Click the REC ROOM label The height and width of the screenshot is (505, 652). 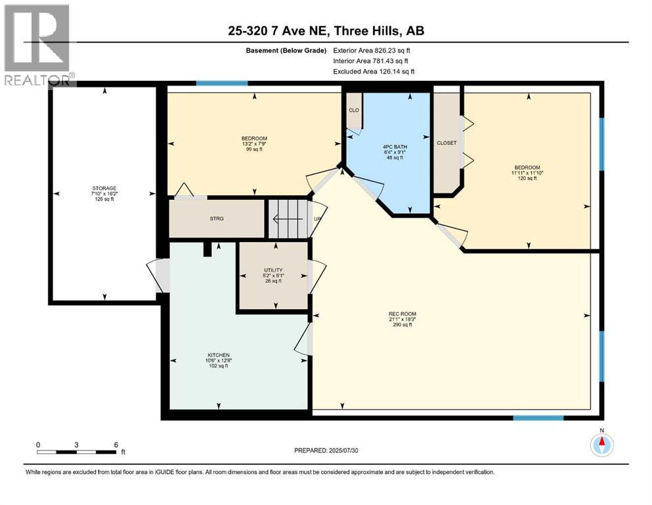402,314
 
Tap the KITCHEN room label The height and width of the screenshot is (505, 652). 219,355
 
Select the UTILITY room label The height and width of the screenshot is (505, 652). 273,270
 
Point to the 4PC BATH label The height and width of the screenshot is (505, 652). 395,147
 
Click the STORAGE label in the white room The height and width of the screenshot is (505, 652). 104,188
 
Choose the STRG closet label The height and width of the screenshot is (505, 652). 217,218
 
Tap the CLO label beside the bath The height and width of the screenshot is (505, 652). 354,110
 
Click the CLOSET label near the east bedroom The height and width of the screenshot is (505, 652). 446,143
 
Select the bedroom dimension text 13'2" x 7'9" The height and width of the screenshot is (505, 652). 254,143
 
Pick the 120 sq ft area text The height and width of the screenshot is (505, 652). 527,178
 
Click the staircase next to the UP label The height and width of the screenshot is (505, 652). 288,219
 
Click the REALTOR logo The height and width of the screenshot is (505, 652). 38,45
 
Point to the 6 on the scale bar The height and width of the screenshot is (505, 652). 116,445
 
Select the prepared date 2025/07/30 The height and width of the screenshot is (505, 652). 343,450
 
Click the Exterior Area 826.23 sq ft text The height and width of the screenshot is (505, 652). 372,51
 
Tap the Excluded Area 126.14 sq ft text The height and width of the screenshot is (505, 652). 374,72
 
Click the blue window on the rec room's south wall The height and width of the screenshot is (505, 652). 538,418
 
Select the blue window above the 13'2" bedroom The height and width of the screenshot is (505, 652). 222,84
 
